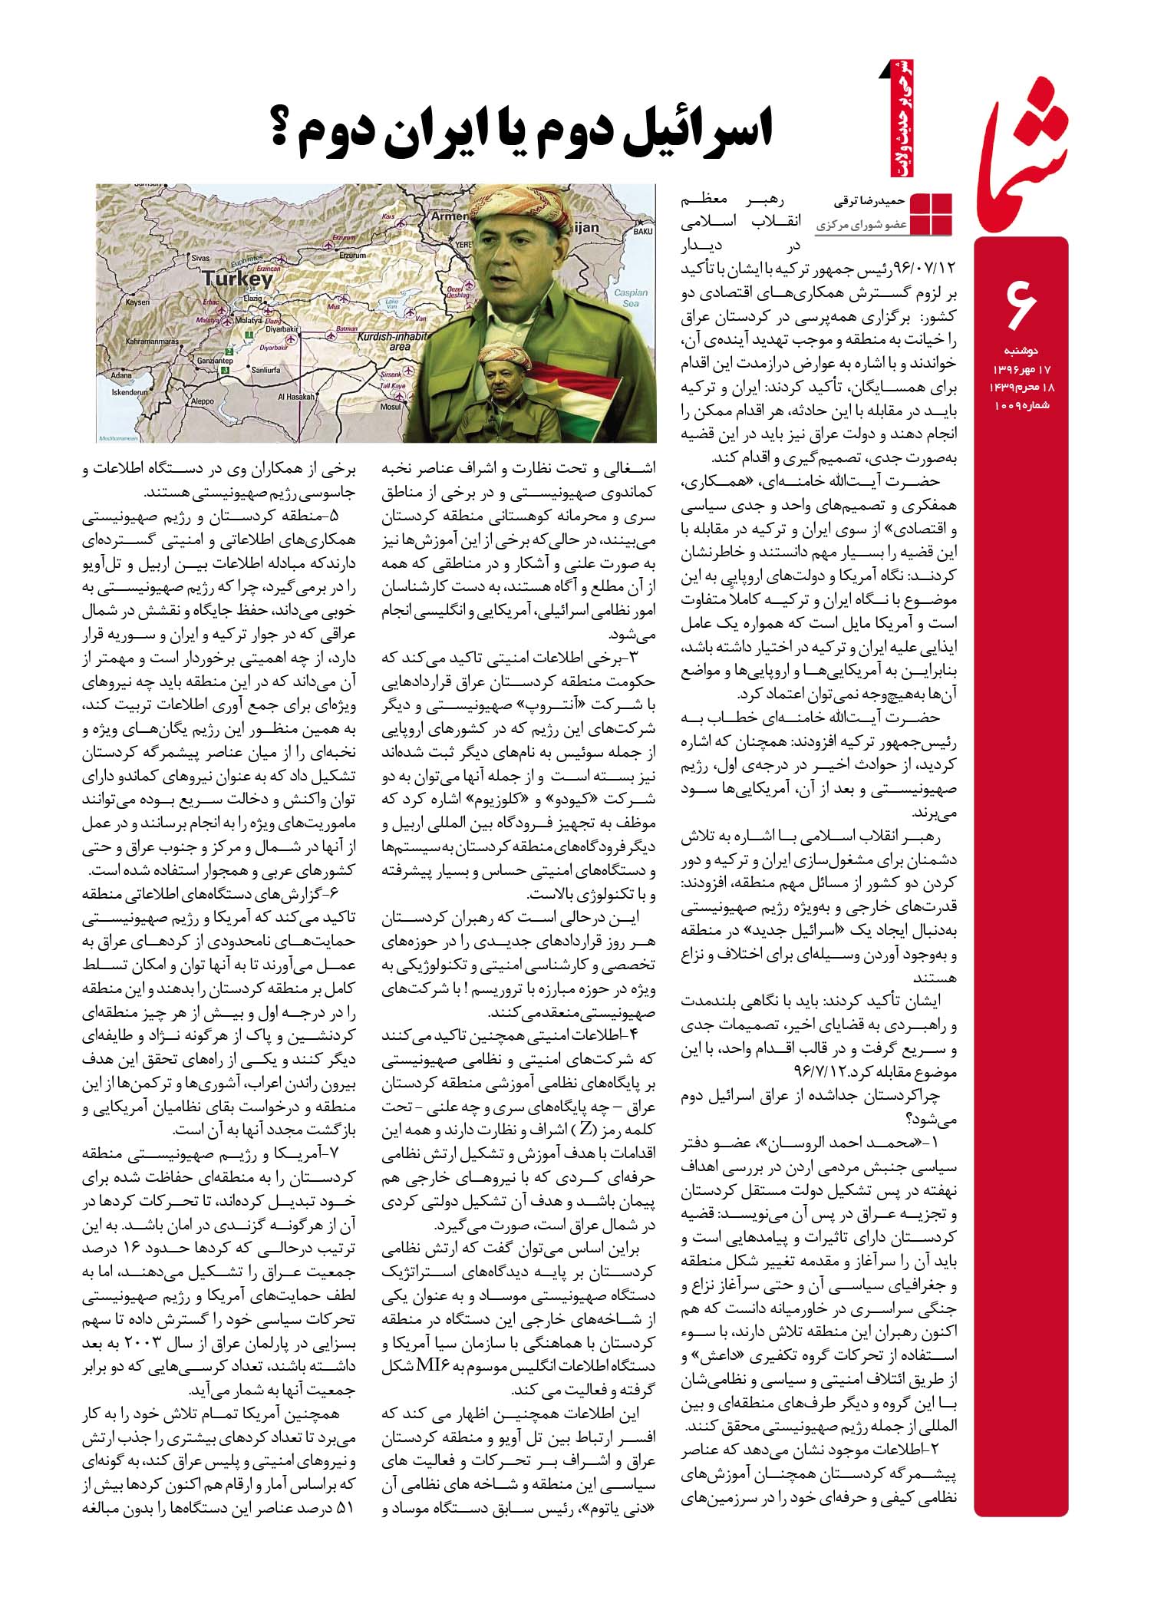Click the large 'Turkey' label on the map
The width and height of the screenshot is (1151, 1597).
(238, 279)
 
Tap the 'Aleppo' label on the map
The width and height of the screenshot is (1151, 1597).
(202, 401)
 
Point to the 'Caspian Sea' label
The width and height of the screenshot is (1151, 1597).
(632, 298)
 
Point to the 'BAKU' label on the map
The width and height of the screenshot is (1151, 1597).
(643, 230)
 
